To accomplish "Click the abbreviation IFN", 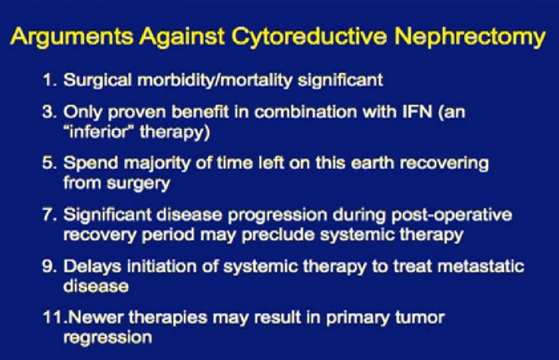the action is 417,112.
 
